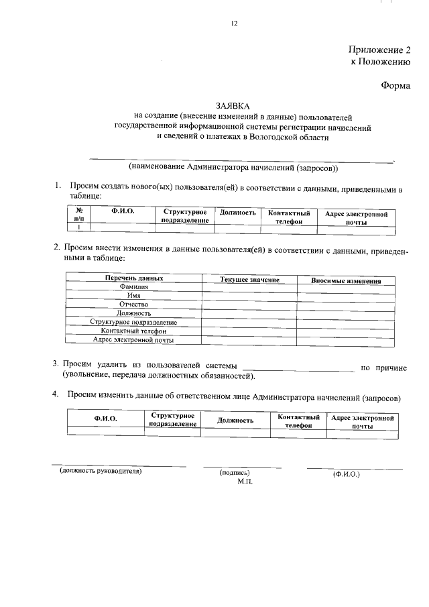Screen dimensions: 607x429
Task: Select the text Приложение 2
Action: (x=379, y=50)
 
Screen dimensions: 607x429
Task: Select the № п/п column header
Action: (x=79, y=215)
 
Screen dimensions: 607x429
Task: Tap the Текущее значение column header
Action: (x=249, y=279)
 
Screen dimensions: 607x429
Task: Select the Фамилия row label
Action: (x=134, y=287)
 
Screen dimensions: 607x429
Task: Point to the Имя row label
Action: (x=134, y=296)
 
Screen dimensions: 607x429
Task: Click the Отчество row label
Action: (x=134, y=305)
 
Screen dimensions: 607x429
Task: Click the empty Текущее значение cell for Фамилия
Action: (x=249, y=288)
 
